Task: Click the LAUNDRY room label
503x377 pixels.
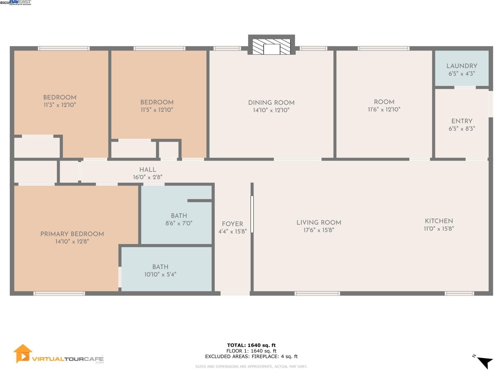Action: coord(462,66)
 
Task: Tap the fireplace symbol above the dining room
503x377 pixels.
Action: coord(271,47)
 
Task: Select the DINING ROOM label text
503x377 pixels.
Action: coord(271,103)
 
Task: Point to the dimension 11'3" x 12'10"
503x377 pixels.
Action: coord(60,105)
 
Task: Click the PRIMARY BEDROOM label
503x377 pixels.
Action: coord(72,234)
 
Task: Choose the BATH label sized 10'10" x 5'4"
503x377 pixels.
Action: coord(160,267)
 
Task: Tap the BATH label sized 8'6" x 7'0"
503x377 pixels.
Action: coord(179,216)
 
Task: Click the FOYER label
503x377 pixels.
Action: coord(232,224)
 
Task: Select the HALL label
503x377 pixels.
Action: coord(148,170)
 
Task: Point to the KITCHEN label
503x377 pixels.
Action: coord(439,221)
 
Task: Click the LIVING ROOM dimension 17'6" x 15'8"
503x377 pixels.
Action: coord(319,230)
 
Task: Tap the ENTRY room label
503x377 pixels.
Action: coord(462,121)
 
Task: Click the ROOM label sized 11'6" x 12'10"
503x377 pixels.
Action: coord(384,102)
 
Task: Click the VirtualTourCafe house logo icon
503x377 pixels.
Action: coord(23,353)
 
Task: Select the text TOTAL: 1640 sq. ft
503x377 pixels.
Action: coord(251,345)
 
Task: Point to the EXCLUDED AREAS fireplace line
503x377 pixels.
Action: coord(251,356)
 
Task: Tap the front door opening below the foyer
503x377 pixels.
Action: coord(235,293)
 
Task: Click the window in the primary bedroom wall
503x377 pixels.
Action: coord(59,293)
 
